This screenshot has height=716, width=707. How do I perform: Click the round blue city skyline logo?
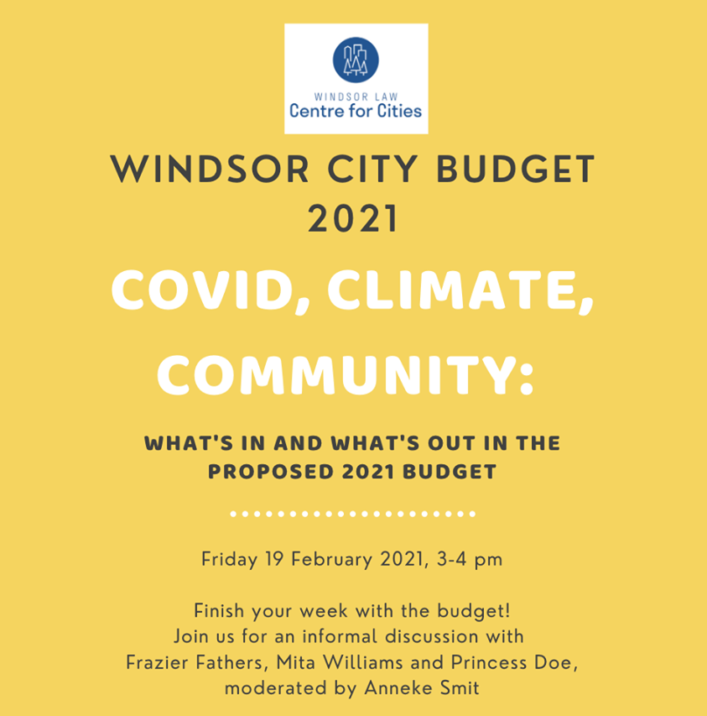356,60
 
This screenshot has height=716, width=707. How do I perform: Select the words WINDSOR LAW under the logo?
356,97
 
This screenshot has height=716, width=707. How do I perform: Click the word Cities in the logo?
399,111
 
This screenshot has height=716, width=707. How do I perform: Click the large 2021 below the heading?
354,219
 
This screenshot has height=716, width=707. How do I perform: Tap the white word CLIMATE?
460,291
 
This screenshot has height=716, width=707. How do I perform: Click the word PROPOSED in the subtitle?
271,472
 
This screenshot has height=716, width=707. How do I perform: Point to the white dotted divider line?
353,514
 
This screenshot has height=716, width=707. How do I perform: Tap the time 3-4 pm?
470,560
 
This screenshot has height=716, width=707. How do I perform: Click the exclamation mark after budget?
507,610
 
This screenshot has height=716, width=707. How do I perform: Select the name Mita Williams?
340,662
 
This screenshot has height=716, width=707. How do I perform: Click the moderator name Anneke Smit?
422,688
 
